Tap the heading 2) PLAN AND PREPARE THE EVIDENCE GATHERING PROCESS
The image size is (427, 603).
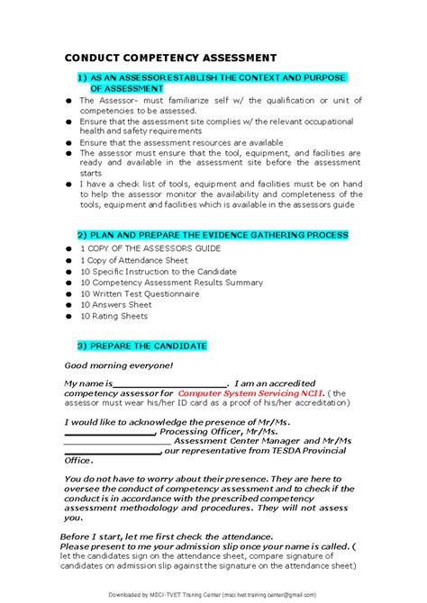pyautogui.click(x=212, y=235)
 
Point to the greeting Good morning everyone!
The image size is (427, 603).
pyautogui.click(x=118, y=365)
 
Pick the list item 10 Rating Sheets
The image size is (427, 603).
pyautogui.click(x=114, y=317)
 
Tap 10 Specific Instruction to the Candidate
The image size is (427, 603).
pyautogui.click(x=159, y=271)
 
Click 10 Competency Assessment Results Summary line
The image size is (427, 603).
pyautogui.click(x=171, y=283)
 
